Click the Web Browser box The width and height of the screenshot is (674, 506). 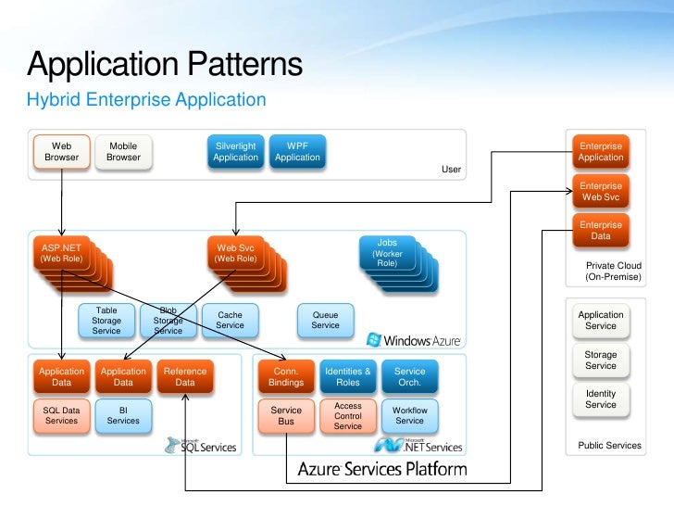(61, 151)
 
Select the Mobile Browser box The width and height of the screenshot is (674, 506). (123, 151)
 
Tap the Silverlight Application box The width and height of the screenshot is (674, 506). (235, 151)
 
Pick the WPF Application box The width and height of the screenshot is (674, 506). (297, 151)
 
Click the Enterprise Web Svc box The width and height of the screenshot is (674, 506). (601, 192)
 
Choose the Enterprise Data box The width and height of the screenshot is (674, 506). (601, 230)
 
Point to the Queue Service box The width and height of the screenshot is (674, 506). (325, 320)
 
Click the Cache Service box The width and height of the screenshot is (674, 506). (230, 320)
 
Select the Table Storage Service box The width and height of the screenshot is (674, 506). (106, 320)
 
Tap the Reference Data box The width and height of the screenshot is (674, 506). (185, 376)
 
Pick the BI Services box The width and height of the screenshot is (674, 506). (123, 415)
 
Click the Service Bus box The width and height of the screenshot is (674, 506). (286, 415)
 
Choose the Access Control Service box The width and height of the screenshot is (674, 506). (348, 415)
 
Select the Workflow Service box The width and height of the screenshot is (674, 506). (409, 415)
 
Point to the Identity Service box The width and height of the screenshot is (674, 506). (601, 399)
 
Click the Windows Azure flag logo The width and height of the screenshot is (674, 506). (373, 339)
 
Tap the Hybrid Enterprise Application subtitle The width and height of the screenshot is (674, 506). (146, 100)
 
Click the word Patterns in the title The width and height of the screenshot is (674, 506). (245, 64)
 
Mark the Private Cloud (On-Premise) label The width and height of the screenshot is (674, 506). (614, 271)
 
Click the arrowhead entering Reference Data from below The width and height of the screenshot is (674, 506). (185, 398)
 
